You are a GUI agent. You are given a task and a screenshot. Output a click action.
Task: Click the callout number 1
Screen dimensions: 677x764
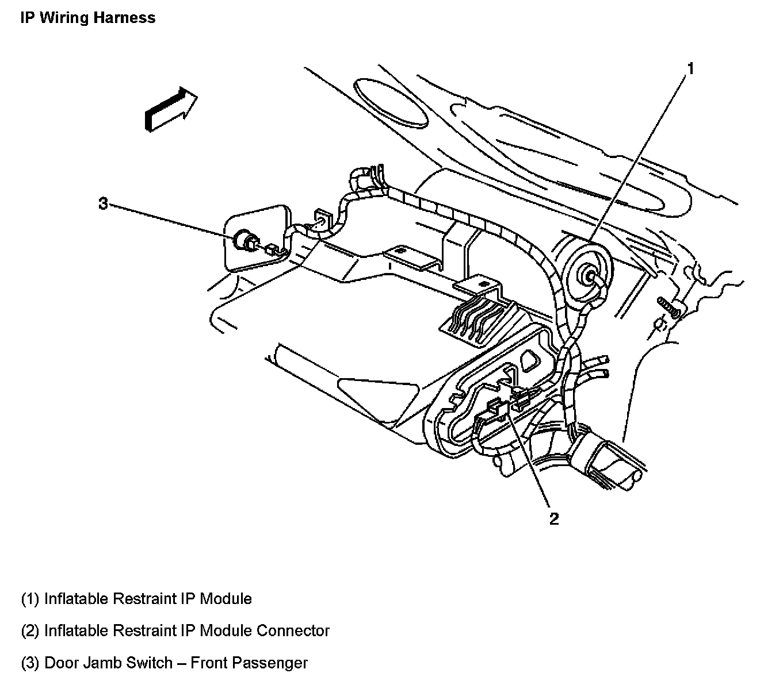pos(690,70)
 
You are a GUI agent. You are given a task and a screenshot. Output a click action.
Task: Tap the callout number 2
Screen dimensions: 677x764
pos(553,518)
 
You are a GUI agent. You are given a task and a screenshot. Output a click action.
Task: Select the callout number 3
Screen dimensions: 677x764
pos(103,203)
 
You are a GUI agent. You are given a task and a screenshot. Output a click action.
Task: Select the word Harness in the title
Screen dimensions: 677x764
pos(127,18)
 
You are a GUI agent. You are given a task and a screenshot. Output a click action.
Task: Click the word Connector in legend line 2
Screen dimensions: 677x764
pos(293,630)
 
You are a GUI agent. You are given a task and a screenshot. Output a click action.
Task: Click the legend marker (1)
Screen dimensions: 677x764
pos(30,599)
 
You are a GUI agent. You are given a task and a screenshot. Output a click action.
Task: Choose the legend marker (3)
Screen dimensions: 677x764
pos(30,663)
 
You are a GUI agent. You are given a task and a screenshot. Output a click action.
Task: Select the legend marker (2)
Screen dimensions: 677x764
pos(30,630)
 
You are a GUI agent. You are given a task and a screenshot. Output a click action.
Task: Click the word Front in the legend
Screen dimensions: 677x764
pos(212,663)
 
